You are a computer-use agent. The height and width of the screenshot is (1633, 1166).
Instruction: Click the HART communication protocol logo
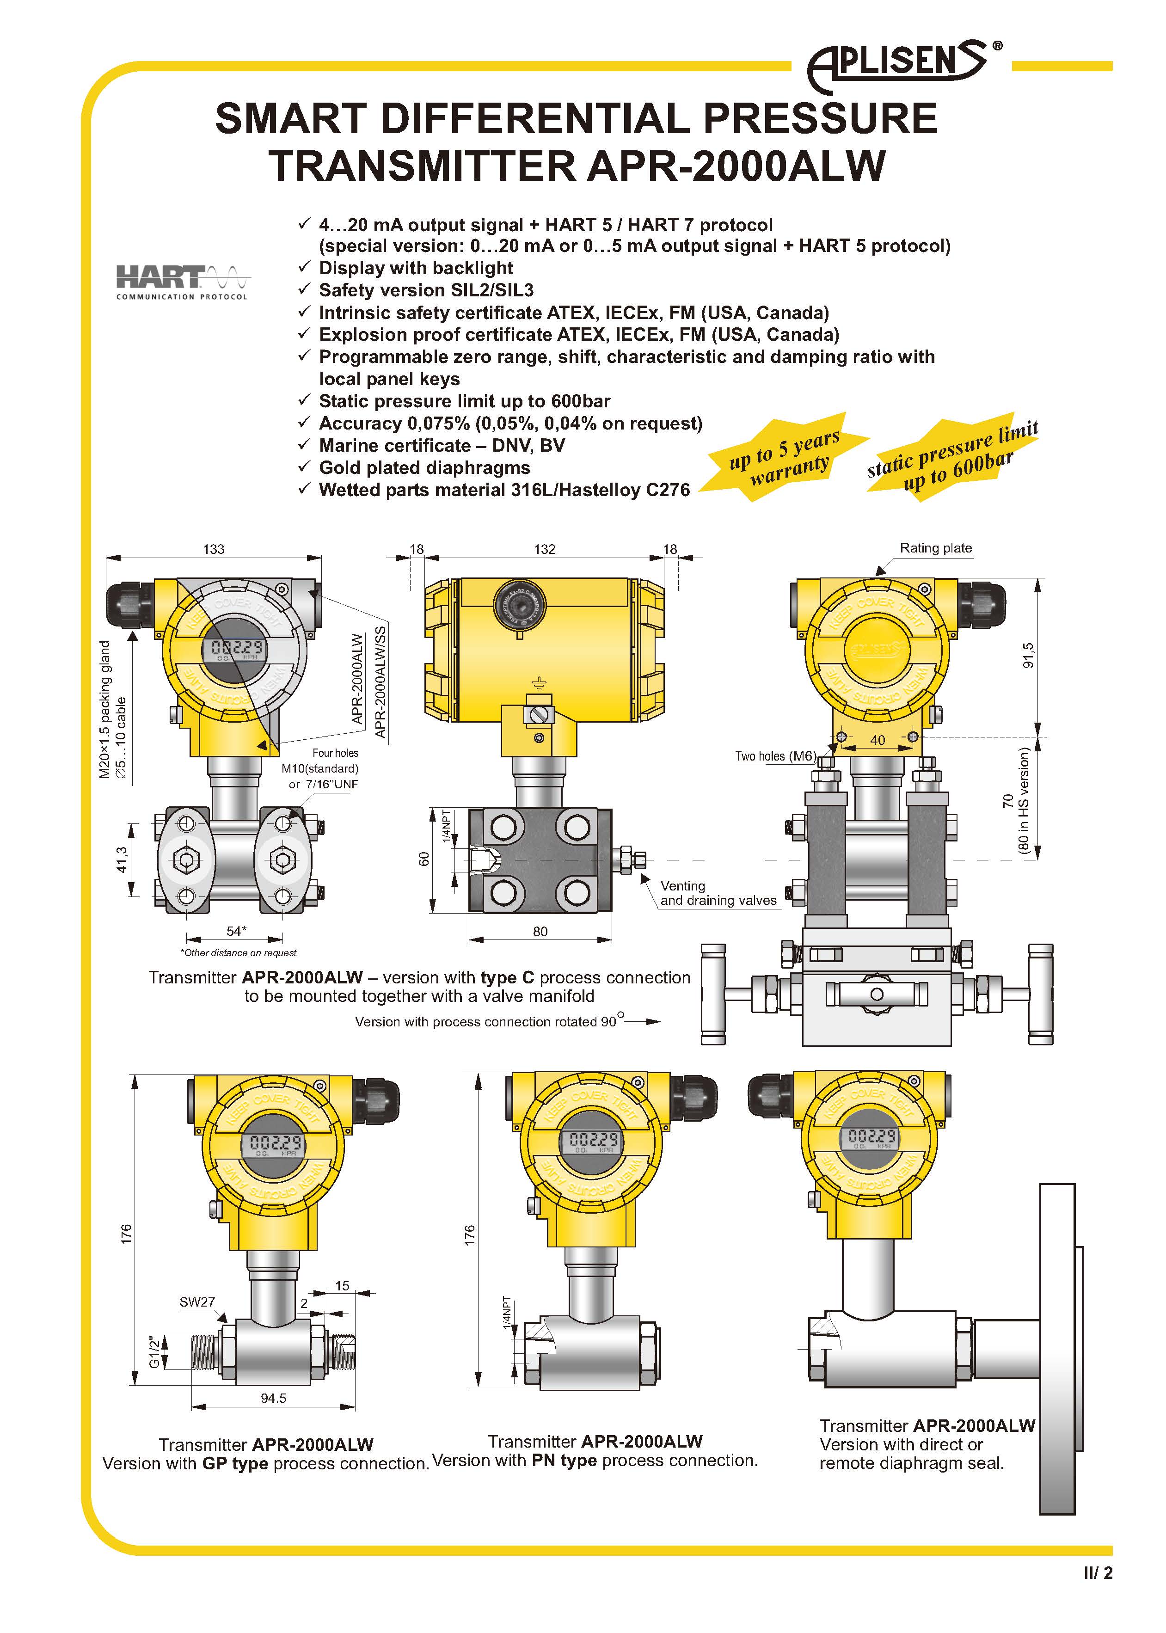coord(182,282)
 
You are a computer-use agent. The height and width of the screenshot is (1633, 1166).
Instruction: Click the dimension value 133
coord(213,549)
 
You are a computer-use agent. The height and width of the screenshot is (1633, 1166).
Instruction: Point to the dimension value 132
coord(544,549)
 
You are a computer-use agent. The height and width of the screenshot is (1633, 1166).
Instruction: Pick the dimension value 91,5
coord(1027,655)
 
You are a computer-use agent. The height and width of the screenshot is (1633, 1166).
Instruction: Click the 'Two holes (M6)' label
coord(775,756)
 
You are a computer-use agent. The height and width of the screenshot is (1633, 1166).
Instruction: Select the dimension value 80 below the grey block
coord(540,932)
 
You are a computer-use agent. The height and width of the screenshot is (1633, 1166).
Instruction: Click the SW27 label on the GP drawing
coord(197,1301)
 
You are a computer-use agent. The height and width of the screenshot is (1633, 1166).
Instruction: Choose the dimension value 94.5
coord(274,1398)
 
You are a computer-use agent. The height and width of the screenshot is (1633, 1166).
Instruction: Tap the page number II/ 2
coord(1098,1573)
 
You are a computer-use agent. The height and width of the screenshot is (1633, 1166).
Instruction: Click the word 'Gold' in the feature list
coord(343,467)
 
